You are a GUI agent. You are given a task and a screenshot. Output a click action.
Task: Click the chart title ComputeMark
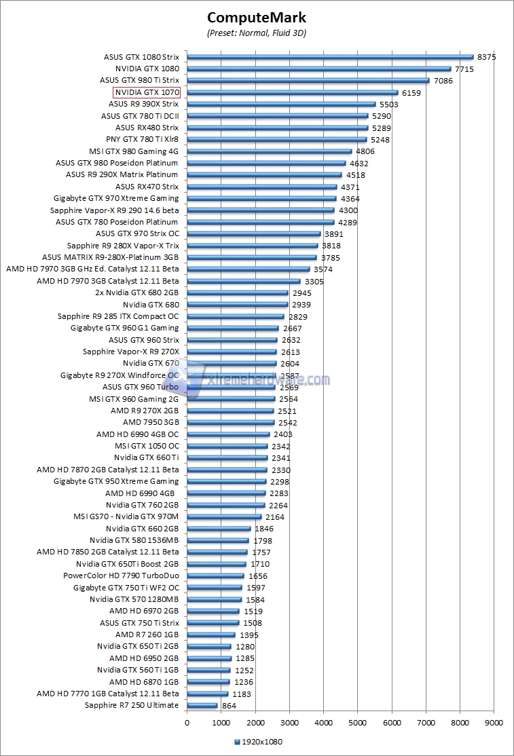pyautogui.click(x=257, y=18)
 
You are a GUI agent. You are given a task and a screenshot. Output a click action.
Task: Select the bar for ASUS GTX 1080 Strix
pyautogui.click(x=330, y=57)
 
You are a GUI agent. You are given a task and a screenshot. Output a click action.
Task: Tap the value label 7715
pyautogui.click(x=464, y=69)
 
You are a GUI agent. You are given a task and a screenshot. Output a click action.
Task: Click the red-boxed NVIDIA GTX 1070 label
pyautogui.click(x=147, y=92)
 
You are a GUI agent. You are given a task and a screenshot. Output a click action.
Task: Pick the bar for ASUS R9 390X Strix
pyautogui.click(x=281, y=105)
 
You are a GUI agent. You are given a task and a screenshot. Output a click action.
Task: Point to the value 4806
pyautogui.click(x=365, y=151)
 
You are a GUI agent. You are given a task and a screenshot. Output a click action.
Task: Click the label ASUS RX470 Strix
pyautogui.click(x=147, y=187)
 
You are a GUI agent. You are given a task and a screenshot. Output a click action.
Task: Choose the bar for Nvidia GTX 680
pyautogui.click(x=237, y=305)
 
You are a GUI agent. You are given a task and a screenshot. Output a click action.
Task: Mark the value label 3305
pyautogui.click(x=314, y=281)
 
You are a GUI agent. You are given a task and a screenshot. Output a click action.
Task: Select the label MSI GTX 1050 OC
pyautogui.click(x=147, y=446)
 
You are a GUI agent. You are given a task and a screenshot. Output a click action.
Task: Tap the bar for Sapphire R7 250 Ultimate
pyautogui.click(x=202, y=706)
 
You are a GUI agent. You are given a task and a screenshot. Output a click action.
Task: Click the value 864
pyautogui.click(x=229, y=706)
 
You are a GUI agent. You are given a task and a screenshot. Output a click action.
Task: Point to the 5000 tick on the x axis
pyautogui.click(x=358, y=723)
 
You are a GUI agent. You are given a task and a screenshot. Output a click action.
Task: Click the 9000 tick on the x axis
pyautogui.click(x=494, y=723)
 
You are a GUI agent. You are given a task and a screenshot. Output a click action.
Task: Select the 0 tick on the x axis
pyautogui.click(x=187, y=723)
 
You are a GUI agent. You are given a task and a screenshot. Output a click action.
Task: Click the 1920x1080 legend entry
pyautogui.click(x=258, y=742)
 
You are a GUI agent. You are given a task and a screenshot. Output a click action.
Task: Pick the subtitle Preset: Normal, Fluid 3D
pyautogui.click(x=257, y=33)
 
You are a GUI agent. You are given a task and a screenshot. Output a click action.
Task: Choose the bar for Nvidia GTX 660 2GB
pyautogui.click(x=219, y=529)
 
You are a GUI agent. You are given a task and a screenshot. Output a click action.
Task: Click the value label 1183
pyautogui.click(x=241, y=694)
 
